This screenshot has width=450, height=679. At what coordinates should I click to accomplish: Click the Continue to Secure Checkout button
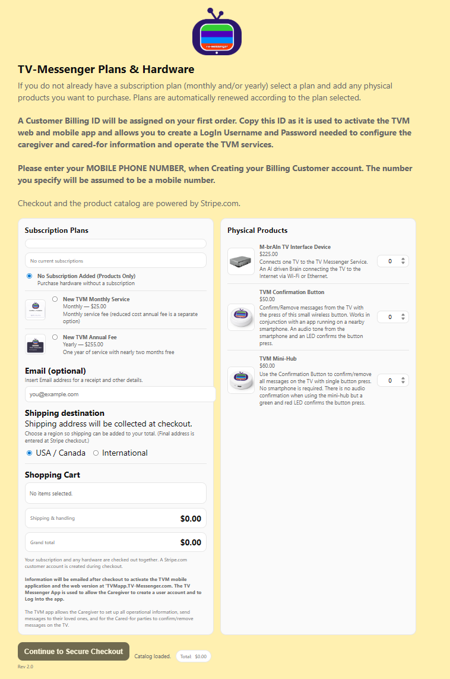(74, 651)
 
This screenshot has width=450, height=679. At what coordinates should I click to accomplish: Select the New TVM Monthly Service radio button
(55, 299)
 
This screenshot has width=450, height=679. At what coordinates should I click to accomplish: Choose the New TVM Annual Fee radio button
(55, 337)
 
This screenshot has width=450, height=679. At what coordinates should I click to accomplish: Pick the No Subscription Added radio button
(30, 276)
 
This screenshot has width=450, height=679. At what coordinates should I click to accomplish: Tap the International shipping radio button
(96, 453)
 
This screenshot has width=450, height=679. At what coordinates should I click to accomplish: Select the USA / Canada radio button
(30, 453)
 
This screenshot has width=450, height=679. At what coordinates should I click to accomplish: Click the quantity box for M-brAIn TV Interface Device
(392, 261)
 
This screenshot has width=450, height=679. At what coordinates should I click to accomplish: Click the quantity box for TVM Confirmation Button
(392, 317)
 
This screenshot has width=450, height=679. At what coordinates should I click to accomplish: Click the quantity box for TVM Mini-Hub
(392, 380)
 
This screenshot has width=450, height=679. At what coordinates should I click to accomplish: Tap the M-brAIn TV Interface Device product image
(241, 261)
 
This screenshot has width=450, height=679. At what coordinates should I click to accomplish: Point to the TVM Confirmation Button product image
(241, 317)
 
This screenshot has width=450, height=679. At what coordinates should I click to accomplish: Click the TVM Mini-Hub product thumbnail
(241, 380)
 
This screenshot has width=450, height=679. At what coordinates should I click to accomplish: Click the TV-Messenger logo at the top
(217, 33)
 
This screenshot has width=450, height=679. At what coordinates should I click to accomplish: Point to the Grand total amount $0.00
(191, 542)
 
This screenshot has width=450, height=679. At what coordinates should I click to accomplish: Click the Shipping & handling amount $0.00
(191, 519)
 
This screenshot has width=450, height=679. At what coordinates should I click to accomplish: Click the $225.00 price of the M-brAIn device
(268, 254)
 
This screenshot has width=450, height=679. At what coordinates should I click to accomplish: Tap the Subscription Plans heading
(56, 230)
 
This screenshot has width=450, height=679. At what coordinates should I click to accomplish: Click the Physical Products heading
(257, 230)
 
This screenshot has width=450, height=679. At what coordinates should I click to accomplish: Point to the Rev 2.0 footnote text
(26, 667)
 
